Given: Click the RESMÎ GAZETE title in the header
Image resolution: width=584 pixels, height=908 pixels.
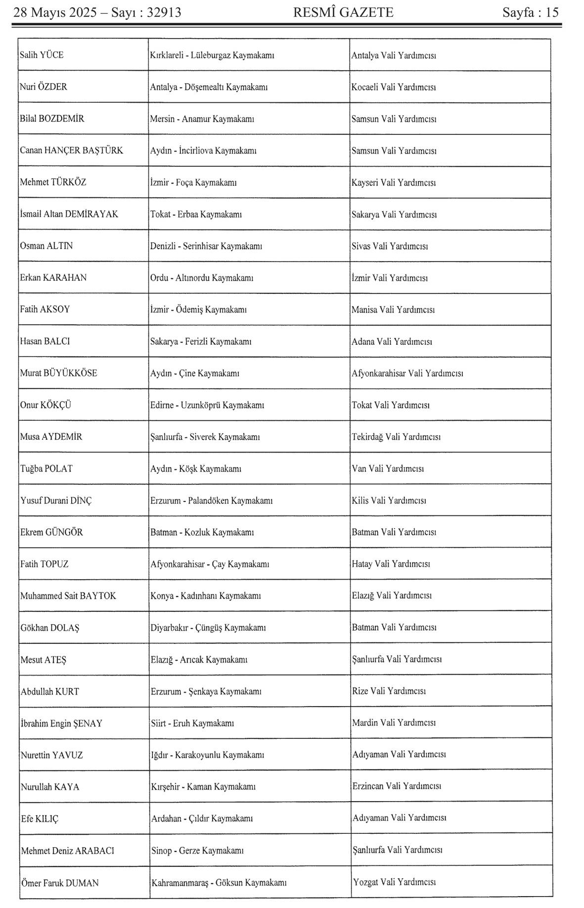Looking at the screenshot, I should pyautogui.click(x=343, y=12).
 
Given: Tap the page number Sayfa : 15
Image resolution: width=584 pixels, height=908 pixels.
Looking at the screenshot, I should pyautogui.click(x=530, y=12).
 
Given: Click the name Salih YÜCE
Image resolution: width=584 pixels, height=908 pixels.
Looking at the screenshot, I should pyautogui.click(x=42, y=55).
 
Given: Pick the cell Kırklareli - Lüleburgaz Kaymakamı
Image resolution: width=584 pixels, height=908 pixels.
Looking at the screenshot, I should pyautogui.click(x=212, y=55).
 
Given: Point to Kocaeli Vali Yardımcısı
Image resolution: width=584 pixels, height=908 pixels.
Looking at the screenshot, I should pyautogui.click(x=394, y=87).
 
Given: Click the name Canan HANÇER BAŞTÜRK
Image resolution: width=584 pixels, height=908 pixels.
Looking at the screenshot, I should pyautogui.click(x=72, y=150).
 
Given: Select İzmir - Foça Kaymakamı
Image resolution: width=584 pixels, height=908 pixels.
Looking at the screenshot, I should pyautogui.click(x=193, y=182).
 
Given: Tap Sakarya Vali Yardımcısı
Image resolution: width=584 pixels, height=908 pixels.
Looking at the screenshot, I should pyautogui.click(x=394, y=214).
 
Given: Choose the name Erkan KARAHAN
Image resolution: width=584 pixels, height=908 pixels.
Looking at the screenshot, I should pyautogui.click(x=53, y=277).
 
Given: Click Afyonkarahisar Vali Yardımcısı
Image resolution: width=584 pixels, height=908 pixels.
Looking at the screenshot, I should pyautogui.click(x=407, y=373).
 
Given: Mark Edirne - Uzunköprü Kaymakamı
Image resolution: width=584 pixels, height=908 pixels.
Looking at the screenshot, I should pyautogui.click(x=207, y=405).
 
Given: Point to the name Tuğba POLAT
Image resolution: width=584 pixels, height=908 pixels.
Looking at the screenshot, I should pyautogui.click(x=46, y=468).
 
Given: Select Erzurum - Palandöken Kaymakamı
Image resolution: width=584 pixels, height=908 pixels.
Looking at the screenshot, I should pyautogui.click(x=212, y=500).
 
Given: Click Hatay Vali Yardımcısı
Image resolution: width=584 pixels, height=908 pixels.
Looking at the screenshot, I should pyautogui.click(x=391, y=564).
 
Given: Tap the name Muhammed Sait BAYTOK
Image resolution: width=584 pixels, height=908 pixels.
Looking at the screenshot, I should pyautogui.click(x=68, y=596).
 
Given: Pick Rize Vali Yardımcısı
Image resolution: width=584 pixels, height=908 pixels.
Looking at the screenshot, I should pyautogui.click(x=389, y=691).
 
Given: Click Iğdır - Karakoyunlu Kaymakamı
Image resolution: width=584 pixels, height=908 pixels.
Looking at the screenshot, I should pyautogui.click(x=208, y=755).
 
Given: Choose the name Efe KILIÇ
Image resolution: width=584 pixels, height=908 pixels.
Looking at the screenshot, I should pyautogui.click(x=40, y=818).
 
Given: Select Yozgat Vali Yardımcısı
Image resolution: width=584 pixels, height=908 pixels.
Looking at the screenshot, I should pyautogui.click(x=395, y=882).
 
